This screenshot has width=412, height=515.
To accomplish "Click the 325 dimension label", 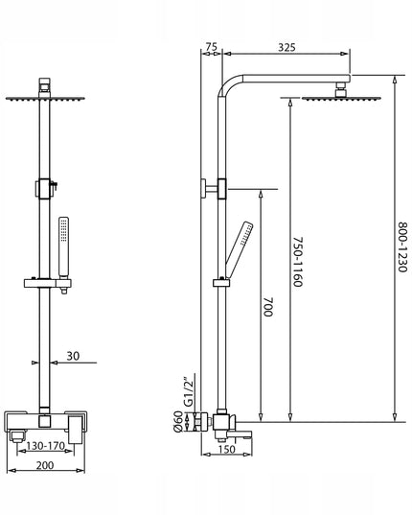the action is (286, 47).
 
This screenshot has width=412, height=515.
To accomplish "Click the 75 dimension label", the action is (212, 47).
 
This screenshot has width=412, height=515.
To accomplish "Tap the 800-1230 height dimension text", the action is (402, 247).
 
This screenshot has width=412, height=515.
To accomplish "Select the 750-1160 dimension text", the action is (297, 262).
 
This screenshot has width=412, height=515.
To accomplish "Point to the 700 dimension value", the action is (268, 307).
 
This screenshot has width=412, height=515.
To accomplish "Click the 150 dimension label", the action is (226, 449).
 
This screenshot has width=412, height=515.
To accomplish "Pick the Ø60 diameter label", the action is (178, 421).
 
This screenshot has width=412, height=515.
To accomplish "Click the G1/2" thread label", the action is (189, 393).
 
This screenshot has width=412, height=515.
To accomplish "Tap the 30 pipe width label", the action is (73, 356).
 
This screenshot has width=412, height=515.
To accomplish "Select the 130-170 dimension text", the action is (45, 446).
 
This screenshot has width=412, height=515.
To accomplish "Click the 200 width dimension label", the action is (45, 465).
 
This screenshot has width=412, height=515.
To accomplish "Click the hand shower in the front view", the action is (63, 247).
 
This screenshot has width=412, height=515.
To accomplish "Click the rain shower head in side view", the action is (341, 98).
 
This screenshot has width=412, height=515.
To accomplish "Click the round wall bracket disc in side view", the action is (204, 189).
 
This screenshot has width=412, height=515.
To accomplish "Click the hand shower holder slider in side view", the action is (221, 282).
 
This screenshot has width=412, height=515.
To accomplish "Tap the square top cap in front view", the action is (44, 83).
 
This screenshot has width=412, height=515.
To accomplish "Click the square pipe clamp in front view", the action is (44, 189).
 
